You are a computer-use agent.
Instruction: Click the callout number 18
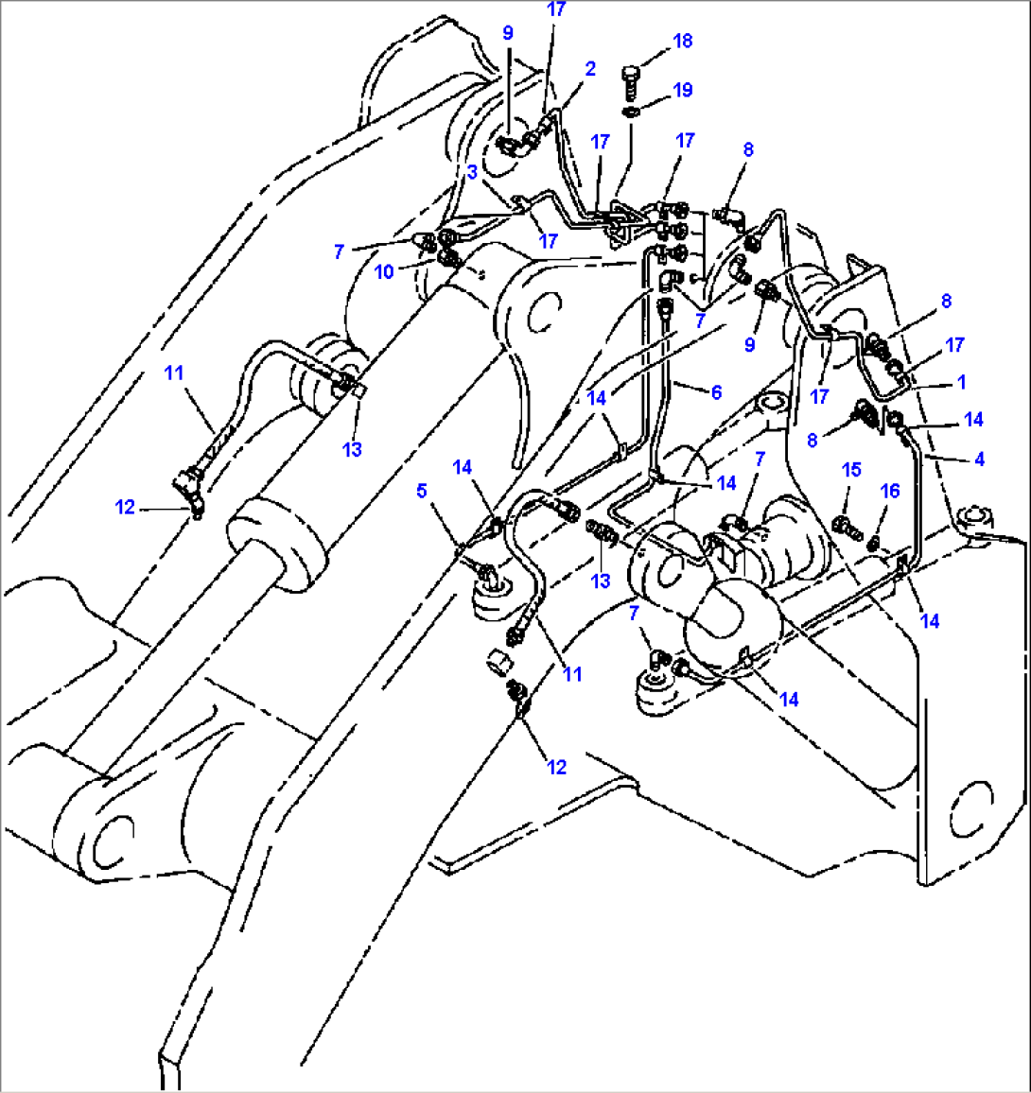click(x=682, y=41)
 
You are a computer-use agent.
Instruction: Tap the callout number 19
click(x=682, y=90)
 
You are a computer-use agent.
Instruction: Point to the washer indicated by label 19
click(x=631, y=113)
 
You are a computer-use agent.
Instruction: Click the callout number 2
click(x=590, y=69)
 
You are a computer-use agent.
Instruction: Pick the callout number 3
click(x=471, y=172)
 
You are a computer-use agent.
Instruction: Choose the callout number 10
click(x=383, y=271)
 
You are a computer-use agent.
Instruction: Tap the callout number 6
click(x=716, y=391)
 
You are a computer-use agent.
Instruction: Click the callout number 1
click(x=961, y=383)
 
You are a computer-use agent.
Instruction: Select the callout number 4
click(x=979, y=460)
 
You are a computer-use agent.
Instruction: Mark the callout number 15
click(x=852, y=469)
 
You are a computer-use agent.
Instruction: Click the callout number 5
click(x=422, y=491)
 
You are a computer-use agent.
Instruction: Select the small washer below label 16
click(x=874, y=543)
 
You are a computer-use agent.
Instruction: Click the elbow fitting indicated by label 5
click(x=486, y=572)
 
